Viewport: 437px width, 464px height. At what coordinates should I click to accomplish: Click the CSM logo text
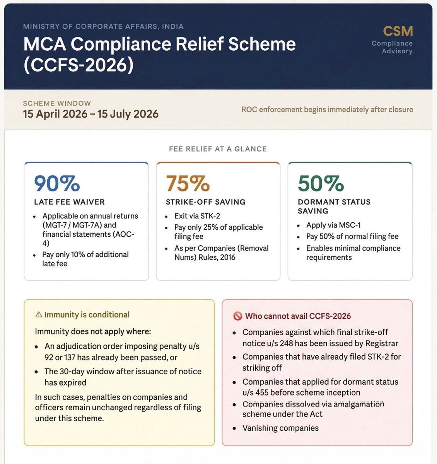point(398,31)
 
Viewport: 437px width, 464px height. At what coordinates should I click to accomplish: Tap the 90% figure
point(57,184)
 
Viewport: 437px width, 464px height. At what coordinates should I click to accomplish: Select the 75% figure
point(188,184)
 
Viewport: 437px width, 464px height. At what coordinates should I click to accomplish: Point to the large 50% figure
point(321,184)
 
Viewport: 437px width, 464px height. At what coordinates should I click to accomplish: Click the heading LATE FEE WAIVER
point(69,202)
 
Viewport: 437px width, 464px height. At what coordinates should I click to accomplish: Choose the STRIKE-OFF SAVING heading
point(205,202)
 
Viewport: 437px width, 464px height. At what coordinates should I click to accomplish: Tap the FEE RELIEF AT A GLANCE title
point(218,149)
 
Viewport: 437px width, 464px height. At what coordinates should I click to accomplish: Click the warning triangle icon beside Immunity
point(38,315)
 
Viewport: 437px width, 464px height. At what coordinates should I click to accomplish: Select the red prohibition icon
point(237,316)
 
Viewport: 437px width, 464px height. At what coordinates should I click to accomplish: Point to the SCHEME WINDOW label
point(57,103)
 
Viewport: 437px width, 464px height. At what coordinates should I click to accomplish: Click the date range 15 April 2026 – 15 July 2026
point(90,114)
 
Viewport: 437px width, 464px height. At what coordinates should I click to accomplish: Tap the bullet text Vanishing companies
point(280,428)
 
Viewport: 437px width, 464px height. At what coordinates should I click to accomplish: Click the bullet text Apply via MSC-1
point(333,225)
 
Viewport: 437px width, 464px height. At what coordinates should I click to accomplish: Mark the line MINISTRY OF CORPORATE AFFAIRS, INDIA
point(103,27)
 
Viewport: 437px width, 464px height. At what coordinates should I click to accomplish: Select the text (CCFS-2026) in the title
point(79,65)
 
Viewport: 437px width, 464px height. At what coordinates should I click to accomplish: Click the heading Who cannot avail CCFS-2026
point(298,316)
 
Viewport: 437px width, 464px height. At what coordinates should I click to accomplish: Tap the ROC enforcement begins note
point(327,109)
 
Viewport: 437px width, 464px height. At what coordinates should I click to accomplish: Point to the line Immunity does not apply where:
point(93,332)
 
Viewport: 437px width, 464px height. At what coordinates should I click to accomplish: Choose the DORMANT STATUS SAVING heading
point(334,206)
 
